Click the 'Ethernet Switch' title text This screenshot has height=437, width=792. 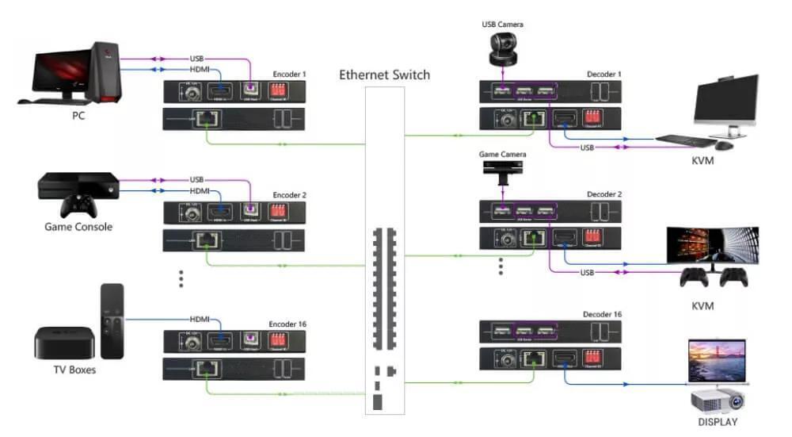tap(384, 75)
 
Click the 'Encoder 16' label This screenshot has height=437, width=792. tap(287, 324)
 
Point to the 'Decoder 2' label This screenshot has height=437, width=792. tap(604, 194)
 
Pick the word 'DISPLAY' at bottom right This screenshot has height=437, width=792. tap(717, 422)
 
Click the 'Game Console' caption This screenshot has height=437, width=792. tap(78, 227)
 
